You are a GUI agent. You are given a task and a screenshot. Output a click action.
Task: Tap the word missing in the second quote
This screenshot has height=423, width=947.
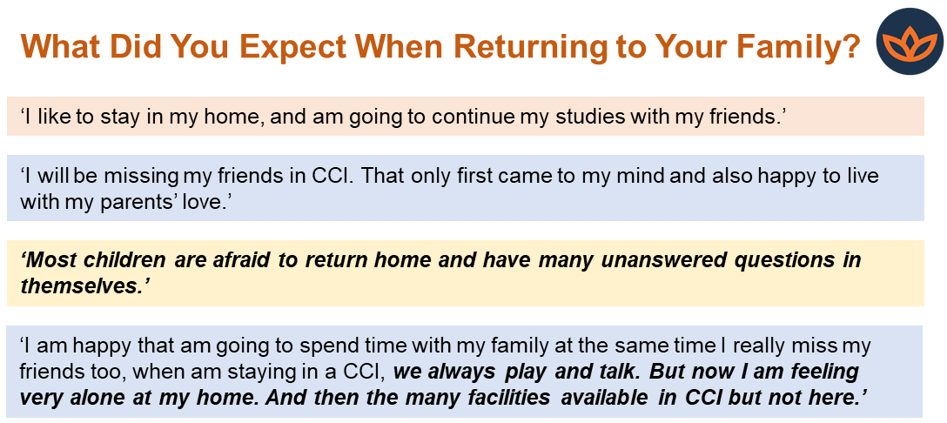click(x=141, y=177)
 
